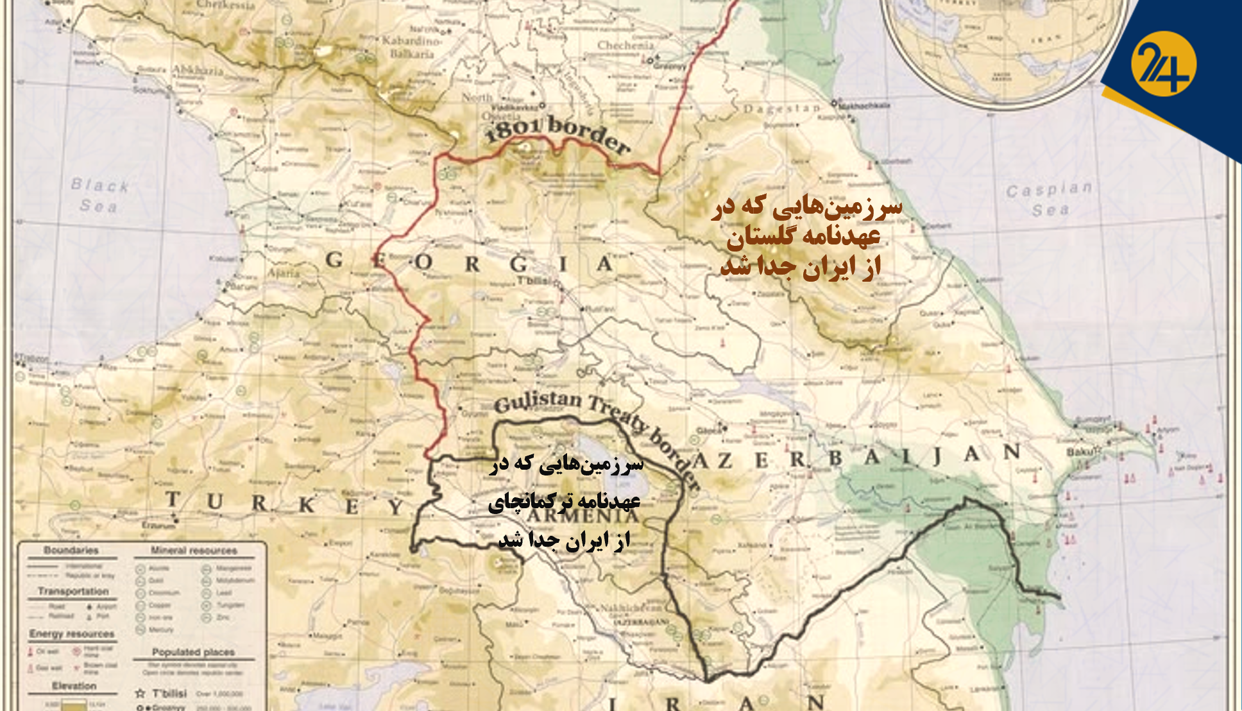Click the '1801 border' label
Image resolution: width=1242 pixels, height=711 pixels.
[557, 133]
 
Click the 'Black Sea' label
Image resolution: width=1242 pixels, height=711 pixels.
[99, 195]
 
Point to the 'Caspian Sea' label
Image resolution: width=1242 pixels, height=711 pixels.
[1049, 199]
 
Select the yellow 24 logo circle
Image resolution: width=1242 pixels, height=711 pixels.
[1163, 64]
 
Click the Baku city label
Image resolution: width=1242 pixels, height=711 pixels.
[1081, 452]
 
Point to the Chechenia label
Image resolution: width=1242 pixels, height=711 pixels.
[625, 46]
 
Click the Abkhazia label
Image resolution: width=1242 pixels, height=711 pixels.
[197, 70]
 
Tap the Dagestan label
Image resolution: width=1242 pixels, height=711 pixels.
[781, 108]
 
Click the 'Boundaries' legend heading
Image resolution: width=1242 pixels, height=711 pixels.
[71, 551]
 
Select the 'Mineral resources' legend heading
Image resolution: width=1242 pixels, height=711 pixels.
[194, 551]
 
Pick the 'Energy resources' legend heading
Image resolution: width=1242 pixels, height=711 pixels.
[72, 634]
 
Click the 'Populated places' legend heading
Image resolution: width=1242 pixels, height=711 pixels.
[193, 652]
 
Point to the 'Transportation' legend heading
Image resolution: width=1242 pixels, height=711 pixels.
[73, 592]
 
